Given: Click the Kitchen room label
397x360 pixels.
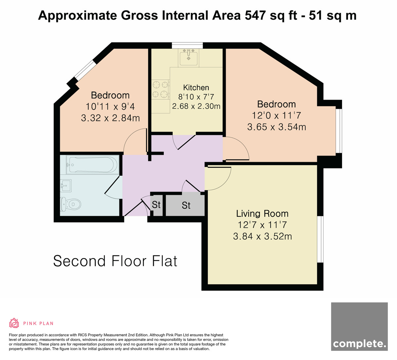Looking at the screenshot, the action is (x=196, y=87).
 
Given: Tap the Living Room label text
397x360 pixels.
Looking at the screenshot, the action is (x=262, y=214).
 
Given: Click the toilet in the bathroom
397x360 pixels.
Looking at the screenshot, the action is (x=71, y=204).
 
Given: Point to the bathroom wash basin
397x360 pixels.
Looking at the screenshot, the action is (x=66, y=186).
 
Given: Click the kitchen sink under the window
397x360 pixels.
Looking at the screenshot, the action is (x=189, y=57).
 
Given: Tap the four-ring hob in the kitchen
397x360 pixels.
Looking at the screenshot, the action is (x=160, y=89).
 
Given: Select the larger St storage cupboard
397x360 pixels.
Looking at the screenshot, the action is (x=185, y=205).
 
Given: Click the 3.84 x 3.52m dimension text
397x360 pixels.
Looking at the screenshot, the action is (x=262, y=236).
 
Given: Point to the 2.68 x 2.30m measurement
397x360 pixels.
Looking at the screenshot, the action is (x=196, y=106).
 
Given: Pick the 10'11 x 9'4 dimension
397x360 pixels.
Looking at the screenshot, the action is (x=110, y=107).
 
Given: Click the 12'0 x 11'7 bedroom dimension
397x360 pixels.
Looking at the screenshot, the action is (x=277, y=115).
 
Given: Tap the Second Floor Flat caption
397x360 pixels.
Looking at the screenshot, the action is (x=115, y=261).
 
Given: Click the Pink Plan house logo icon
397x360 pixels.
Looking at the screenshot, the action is (x=14, y=323).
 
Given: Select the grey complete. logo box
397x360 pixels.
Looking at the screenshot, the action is (x=359, y=329).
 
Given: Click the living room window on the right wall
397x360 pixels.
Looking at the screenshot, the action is (x=320, y=240).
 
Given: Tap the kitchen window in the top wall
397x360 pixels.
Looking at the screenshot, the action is (x=188, y=46).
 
